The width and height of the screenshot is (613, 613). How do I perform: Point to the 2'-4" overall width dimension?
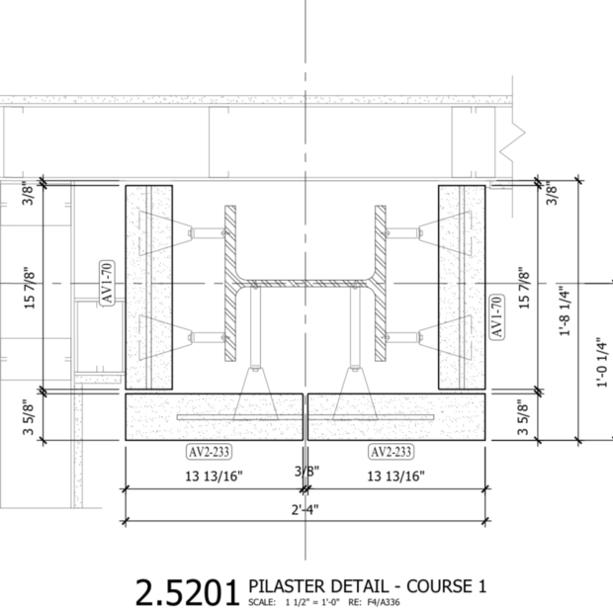coord(305,509)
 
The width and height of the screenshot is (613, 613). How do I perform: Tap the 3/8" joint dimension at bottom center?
coord(305,472)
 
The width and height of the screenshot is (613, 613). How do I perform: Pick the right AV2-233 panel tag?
coord(391,452)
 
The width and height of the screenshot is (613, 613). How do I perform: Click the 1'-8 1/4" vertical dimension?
coord(563,311)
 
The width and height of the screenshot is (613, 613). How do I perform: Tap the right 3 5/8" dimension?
coord(524,416)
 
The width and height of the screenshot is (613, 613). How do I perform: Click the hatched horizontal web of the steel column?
coord(306,284)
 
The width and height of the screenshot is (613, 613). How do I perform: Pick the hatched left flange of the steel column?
coord(230,282)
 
